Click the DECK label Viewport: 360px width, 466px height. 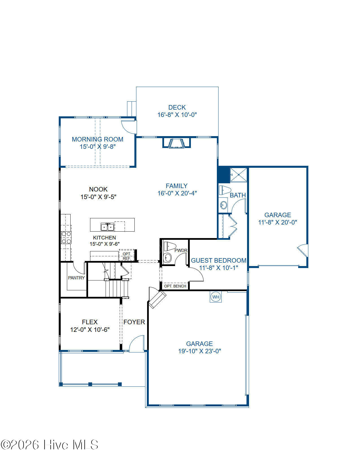pyautogui.click(x=177, y=107)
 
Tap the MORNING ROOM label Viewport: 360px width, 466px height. pyautogui.click(x=97, y=139)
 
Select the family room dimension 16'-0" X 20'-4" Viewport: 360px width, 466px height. pyautogui.click(x=177, y=193)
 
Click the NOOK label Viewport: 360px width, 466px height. pyautogui.click(x=98, y=189)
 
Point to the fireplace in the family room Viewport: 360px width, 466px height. pyautogui.click(x=176, y=143)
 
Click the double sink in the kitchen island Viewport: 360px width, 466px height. pyautogui.click(x=107, y=227)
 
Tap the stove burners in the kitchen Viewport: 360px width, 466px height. pyautogui.click(x=66, y=238)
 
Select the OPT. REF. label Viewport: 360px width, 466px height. pyautogui.click(x=126, y=256)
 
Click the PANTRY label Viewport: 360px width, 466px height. pyautogui.click(x=76, y=278)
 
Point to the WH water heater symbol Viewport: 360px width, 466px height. pyautogui.click(x=215, y=297)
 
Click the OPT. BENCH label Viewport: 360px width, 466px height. pyautogui.click(x=175, y=286)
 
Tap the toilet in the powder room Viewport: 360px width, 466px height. pyautogui.click(x=170, y=246)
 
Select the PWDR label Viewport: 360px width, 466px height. pyautogui.click(x=181, y=250)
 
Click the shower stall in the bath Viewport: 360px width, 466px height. pyautogui.click(x=238, y=175)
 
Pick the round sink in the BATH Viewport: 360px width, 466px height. pyautogui.click(x=223, y=205)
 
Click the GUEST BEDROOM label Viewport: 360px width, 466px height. pyautogui.click(x=219, y=260)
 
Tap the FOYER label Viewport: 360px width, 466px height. pyautogui.click(x=134, y=322)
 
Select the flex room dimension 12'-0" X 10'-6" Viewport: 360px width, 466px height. pyautogui.click(x=90, y=329)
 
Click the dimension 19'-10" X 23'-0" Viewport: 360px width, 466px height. pyautogui.click(x=200, y=351)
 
